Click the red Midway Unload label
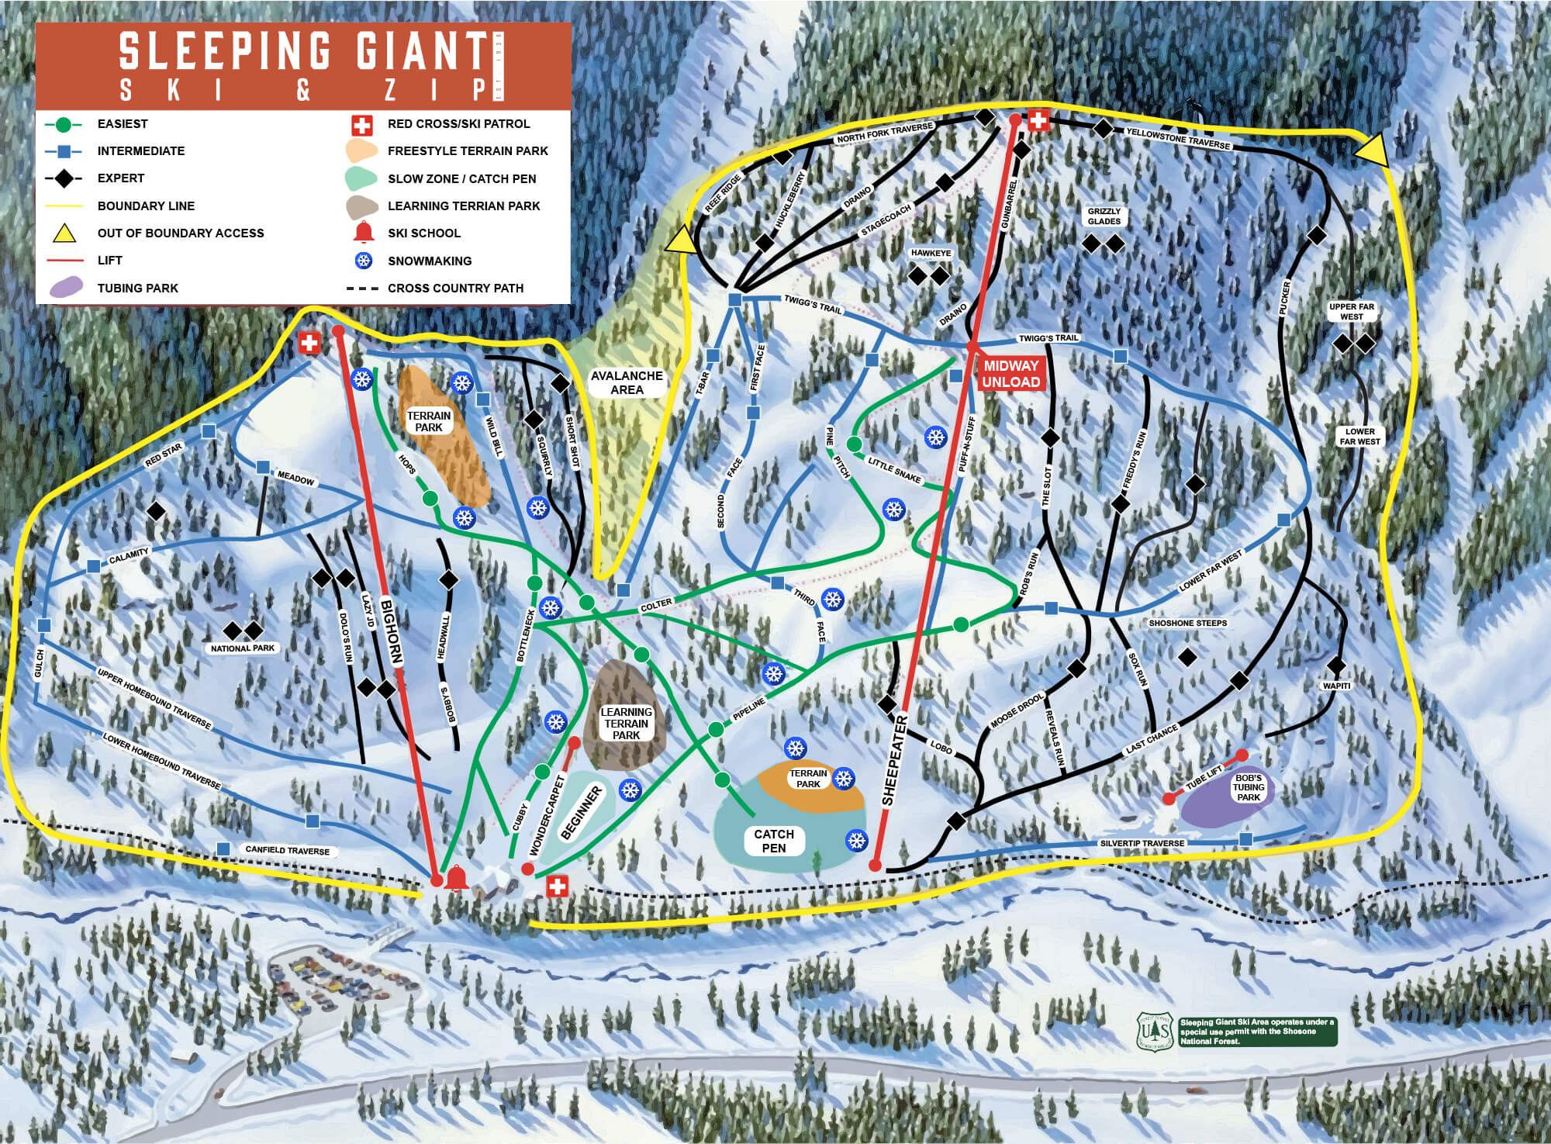pos(1010,374)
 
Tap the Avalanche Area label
pos(627,382)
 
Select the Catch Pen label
pos(774,841)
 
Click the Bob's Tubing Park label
pos(1249,787)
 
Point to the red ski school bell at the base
pos(456,878)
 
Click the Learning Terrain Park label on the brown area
pos(626,724)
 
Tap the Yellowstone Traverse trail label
pos(1178,138)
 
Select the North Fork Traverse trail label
pos(884,133)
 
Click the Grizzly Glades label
pos(1104,216)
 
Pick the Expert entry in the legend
pos(121,178)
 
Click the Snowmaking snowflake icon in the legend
pos(363,261)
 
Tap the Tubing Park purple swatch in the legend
pos(65,288)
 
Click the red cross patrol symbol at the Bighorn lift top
pos(309,343)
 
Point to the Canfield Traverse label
pos(287,850)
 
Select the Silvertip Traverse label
pos(1142,843)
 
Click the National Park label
pos(243,648)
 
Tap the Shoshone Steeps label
pos(1187,623)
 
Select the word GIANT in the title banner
pos(420,52)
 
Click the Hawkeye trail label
pos(931,253)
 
